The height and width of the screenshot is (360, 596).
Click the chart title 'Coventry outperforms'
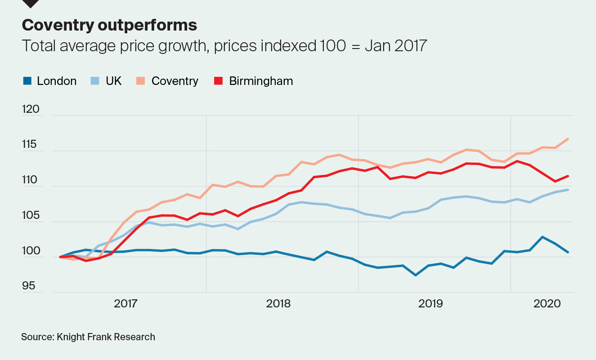point(109,25)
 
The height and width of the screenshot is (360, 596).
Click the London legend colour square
point(27,81)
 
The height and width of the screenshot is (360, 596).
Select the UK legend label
point(113,81)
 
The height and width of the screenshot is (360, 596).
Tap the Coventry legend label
point(175,81)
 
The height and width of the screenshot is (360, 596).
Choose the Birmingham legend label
point(261,81)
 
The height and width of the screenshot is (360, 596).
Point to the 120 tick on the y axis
point(31,110)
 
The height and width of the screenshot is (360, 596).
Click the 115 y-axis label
point(31,145)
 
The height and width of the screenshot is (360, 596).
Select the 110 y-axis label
point(31,180)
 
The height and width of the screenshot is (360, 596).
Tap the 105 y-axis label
point(31,215)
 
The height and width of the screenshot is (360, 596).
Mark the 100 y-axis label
point(31,251)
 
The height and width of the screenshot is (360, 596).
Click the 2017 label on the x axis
point(126,304)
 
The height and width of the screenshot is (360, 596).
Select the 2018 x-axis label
point(278,304)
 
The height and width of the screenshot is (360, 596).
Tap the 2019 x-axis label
point(430,304)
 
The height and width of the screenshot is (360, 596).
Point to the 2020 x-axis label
point(547,304)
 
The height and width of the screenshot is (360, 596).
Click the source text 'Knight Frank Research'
point(106,337)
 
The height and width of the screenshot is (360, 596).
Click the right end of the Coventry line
point(569,139)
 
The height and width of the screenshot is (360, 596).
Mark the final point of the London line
point(569,252)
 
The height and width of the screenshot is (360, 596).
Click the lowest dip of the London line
point(416,275)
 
